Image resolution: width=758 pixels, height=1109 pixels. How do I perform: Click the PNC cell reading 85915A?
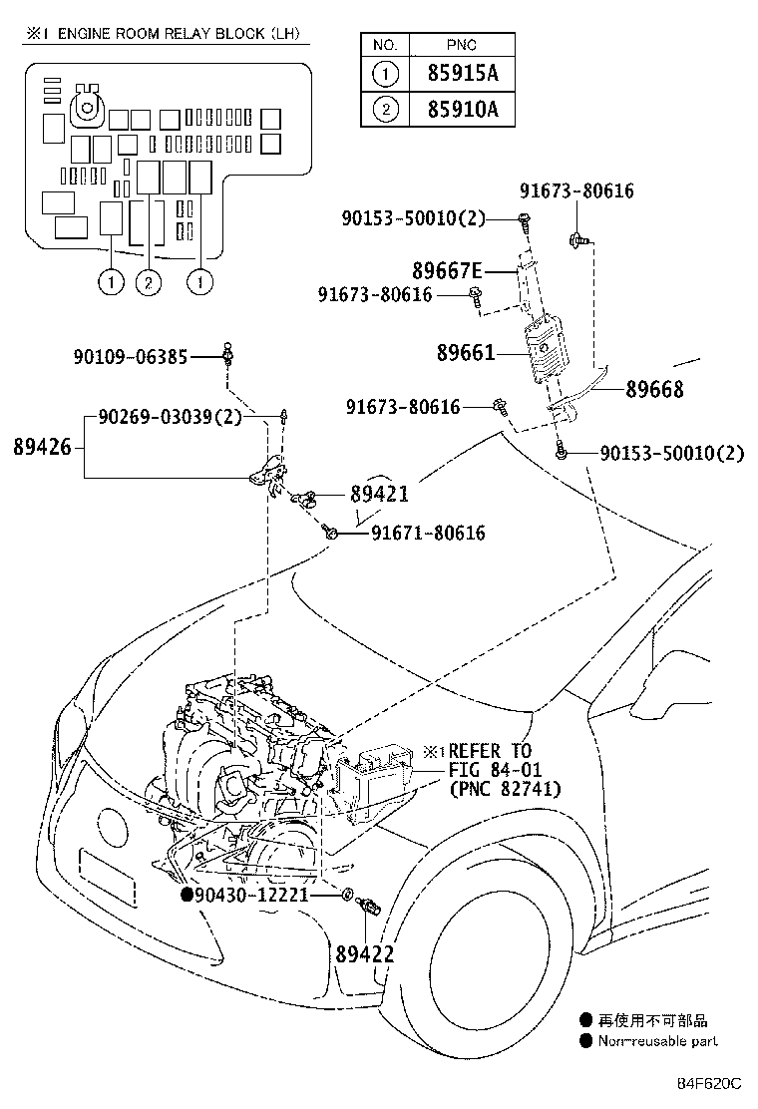463,73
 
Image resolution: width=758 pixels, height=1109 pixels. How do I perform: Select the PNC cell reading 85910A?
463,109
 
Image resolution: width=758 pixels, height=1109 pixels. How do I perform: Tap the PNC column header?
462,45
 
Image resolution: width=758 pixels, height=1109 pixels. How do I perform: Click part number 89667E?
447,270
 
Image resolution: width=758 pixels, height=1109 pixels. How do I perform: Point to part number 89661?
466,352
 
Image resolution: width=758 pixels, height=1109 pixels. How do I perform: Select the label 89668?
654,389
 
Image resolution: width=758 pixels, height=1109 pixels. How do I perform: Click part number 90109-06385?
131,356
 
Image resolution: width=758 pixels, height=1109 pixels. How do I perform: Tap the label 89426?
43,447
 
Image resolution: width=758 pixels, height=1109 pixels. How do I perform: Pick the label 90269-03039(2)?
170,417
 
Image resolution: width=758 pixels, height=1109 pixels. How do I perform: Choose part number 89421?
380,494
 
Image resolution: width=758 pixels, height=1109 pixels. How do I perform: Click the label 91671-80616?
429,533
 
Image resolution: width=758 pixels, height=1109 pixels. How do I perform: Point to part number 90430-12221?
251,895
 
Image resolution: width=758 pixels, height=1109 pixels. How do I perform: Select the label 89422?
365,954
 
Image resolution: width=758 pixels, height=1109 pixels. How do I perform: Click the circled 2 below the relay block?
149,283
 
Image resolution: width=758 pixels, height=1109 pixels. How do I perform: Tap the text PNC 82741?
506,788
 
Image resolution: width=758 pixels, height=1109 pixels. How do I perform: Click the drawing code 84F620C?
709,1083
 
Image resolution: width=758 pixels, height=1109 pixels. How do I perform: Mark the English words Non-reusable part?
657,1041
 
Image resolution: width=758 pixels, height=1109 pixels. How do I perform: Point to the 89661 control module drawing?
546,349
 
